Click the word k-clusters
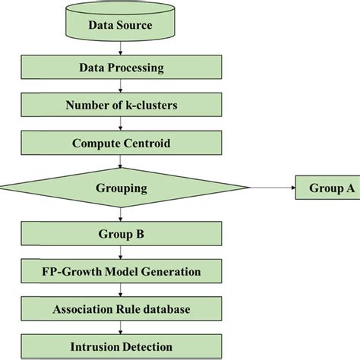click(x=148, y=105)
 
